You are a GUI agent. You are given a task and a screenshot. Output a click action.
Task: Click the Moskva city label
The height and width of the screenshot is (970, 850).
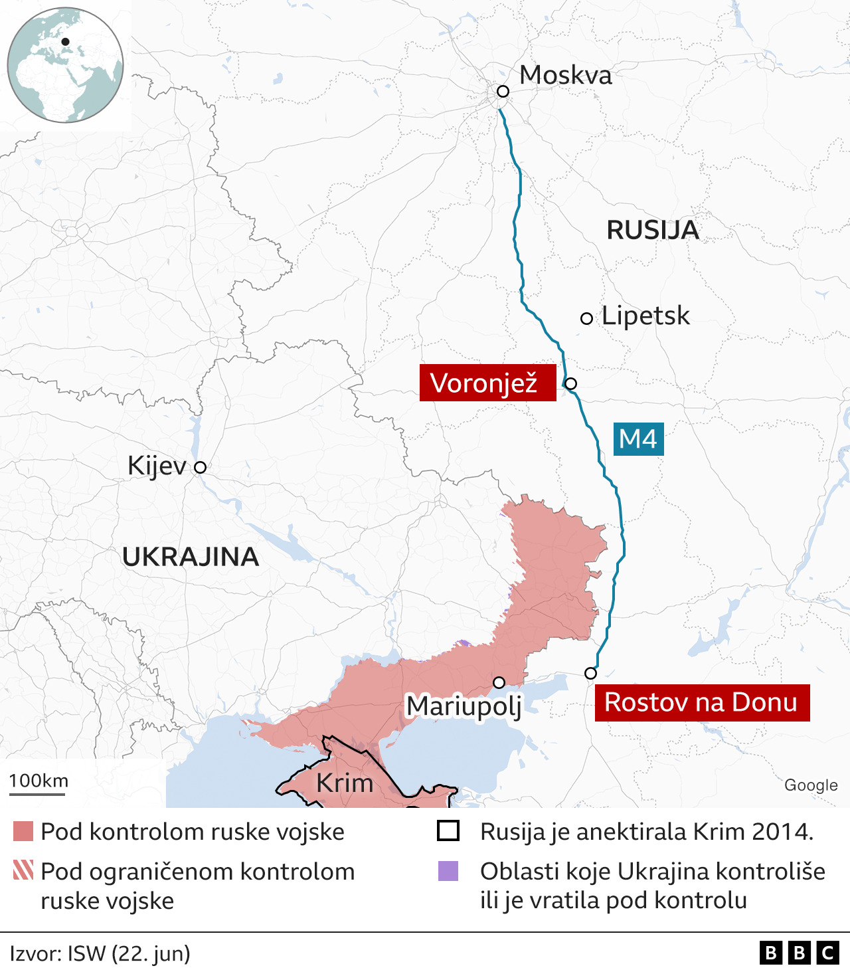click(565, 75)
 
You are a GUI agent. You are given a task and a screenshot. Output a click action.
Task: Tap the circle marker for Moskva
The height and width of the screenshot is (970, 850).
click(503, 91)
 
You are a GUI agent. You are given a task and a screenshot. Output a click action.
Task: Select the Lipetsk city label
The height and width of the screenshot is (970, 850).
click(645, 316)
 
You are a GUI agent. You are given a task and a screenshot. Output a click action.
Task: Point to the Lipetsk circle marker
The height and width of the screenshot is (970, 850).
click(586, 318)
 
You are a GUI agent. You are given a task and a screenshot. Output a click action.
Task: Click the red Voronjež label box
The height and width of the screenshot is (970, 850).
click(487, 383)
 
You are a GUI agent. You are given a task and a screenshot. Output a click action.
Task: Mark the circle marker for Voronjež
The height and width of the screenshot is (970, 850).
click(570, 383)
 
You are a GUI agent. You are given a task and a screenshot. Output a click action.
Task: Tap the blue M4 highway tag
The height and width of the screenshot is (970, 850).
click(637, 439)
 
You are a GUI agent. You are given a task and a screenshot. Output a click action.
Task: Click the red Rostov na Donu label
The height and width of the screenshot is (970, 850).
click(702, 702)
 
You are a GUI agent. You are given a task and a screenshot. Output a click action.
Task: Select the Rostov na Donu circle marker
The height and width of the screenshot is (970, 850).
click(590, 673)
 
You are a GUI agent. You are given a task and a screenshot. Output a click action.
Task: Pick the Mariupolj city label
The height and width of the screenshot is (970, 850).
click(464, 706)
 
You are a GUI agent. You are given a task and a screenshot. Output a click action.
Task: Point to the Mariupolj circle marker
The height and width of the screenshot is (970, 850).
click(499, 682)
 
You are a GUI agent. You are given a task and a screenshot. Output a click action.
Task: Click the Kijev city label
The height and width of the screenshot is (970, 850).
click(157, 466)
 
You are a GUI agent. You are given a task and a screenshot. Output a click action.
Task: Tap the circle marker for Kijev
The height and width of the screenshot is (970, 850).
click(200, 467)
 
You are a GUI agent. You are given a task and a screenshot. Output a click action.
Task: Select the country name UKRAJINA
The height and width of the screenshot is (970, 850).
click(191, 557)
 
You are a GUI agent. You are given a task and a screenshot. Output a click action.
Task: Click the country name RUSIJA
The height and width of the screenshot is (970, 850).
click(653, 230)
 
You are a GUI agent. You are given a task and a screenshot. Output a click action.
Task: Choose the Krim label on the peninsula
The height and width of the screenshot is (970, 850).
click(345, 783)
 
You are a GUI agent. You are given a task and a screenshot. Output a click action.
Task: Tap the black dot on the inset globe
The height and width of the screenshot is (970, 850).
click(65, 42)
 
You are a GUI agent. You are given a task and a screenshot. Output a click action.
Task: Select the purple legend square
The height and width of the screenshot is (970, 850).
click(448, 871)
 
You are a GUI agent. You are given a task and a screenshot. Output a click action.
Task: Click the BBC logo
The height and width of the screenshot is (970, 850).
click(799, 953)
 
